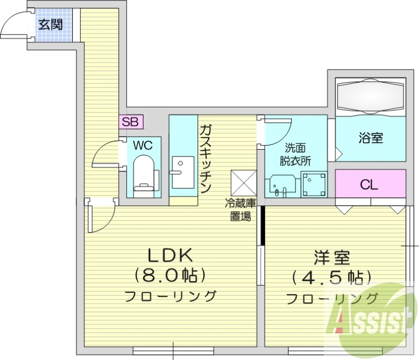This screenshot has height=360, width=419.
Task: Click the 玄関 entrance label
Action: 51,24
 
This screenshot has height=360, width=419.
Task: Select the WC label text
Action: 142,145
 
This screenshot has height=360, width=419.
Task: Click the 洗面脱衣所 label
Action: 295,155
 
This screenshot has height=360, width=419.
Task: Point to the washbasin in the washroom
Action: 282,185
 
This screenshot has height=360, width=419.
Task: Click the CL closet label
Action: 369,184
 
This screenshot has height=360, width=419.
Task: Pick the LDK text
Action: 171,256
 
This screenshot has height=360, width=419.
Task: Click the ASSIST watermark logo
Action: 367,317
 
